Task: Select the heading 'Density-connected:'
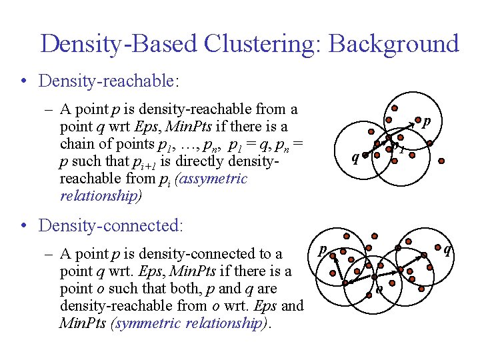point(111,225)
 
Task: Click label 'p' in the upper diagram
point(426,122)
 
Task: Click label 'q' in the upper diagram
point(355,157)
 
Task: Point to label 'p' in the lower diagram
point(322,250)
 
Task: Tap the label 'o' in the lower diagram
point(379,289)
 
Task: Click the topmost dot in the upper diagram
point(395,109)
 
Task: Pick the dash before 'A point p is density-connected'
point(51,254)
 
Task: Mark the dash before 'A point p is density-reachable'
point(51,109)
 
